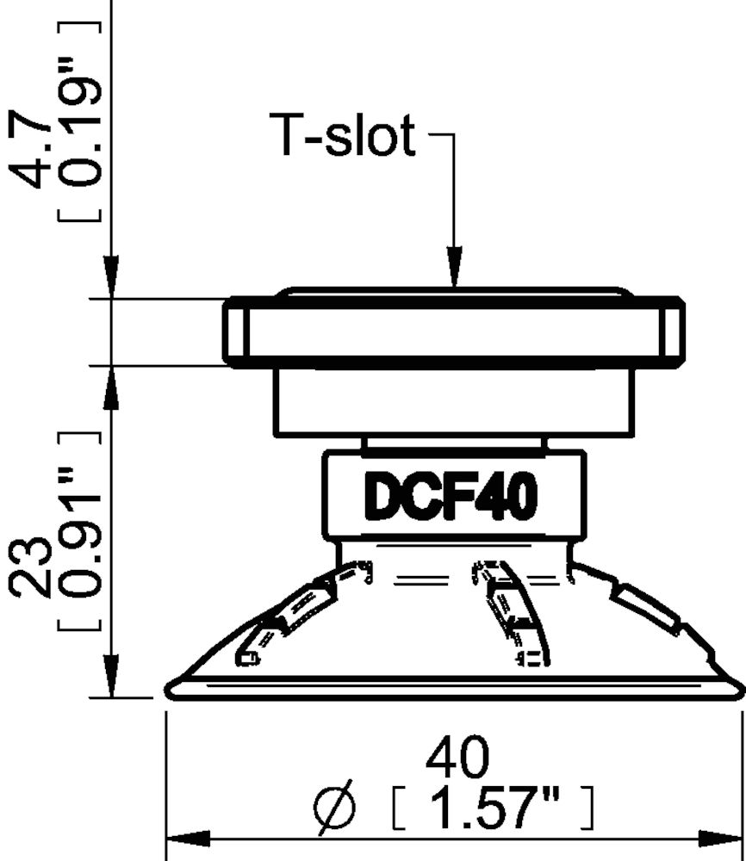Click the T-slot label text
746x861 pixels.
343,138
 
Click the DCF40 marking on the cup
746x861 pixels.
452,499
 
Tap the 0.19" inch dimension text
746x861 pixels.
81,124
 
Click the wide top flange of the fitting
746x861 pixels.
455,331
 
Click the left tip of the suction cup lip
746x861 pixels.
171,686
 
